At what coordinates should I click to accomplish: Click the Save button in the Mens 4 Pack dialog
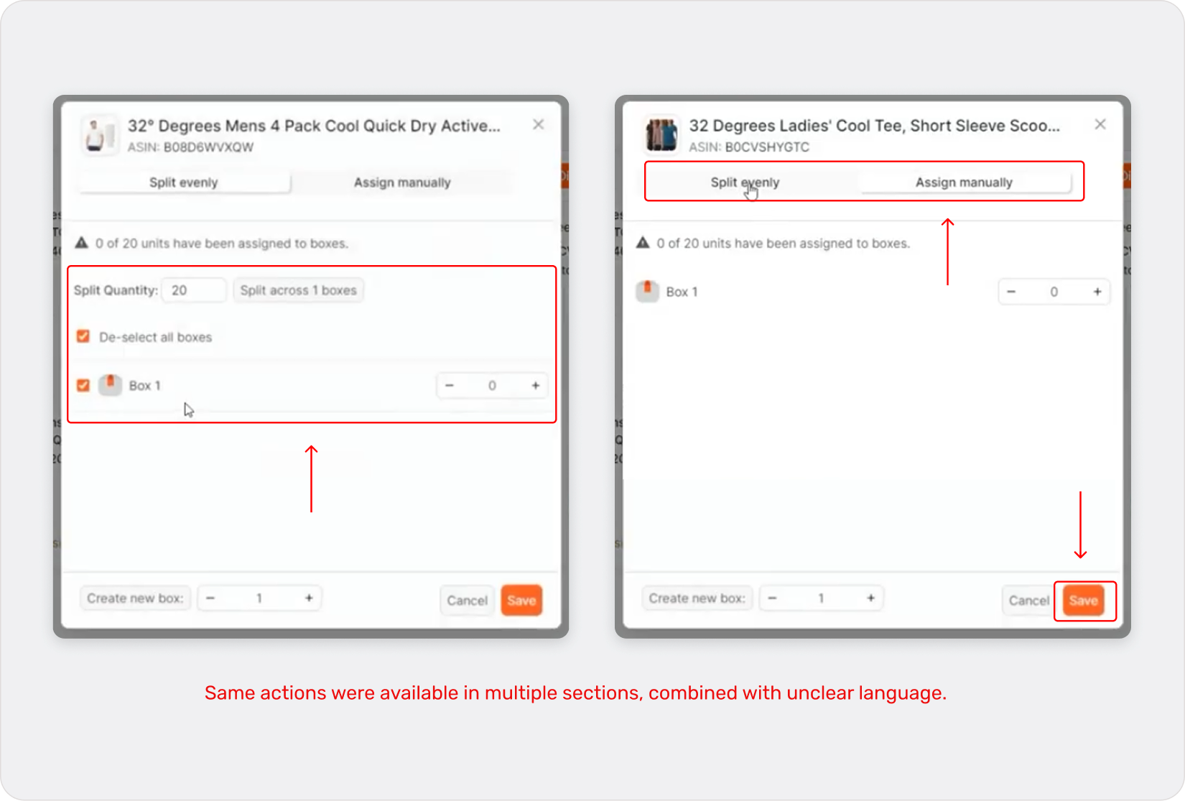pyautogui.click(x=521, y=600)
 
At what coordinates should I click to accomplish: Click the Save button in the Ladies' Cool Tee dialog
pyautogui.click(x=1083, y=600)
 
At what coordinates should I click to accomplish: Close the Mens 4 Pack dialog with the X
pyautogui.click(x=538, y=124)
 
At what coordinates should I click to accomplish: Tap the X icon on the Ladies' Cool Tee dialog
pyautogui.click(x=1100, y=124)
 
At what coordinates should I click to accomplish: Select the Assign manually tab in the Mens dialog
pyautogui.click(x=402, y=182)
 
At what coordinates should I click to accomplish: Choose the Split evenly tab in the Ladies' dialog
pyautogui.click(x=744, y=182)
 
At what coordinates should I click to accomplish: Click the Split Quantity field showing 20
pyautogui.click(x=194, y=290)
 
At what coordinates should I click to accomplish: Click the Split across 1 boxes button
pyautogui.click(x=298, y=290)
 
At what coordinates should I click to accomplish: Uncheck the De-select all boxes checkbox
pyautogui.click(x=83, y=336)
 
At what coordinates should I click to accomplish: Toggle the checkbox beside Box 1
pyautogui.click(x=83, y=385)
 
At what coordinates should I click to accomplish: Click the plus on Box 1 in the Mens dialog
pyautogui.click(x=535, y=385)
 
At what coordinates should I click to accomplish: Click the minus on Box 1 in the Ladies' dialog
pyautogui.click(x=1011, y=292)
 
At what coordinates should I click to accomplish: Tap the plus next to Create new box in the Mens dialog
pyautogui.click(x=309, y=598)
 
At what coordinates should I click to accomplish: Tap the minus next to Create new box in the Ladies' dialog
pyautogui.click(x=772, y=598)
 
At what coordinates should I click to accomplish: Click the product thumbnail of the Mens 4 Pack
pyautogui.click(x=99, y=135)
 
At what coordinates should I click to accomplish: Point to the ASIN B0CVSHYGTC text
pyautogui.click(x=748, y=147)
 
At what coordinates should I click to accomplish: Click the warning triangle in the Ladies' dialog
pyautogui.click(x=642, y=243)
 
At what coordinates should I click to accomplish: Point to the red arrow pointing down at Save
pyautogui.click(x=1080, y=525)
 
